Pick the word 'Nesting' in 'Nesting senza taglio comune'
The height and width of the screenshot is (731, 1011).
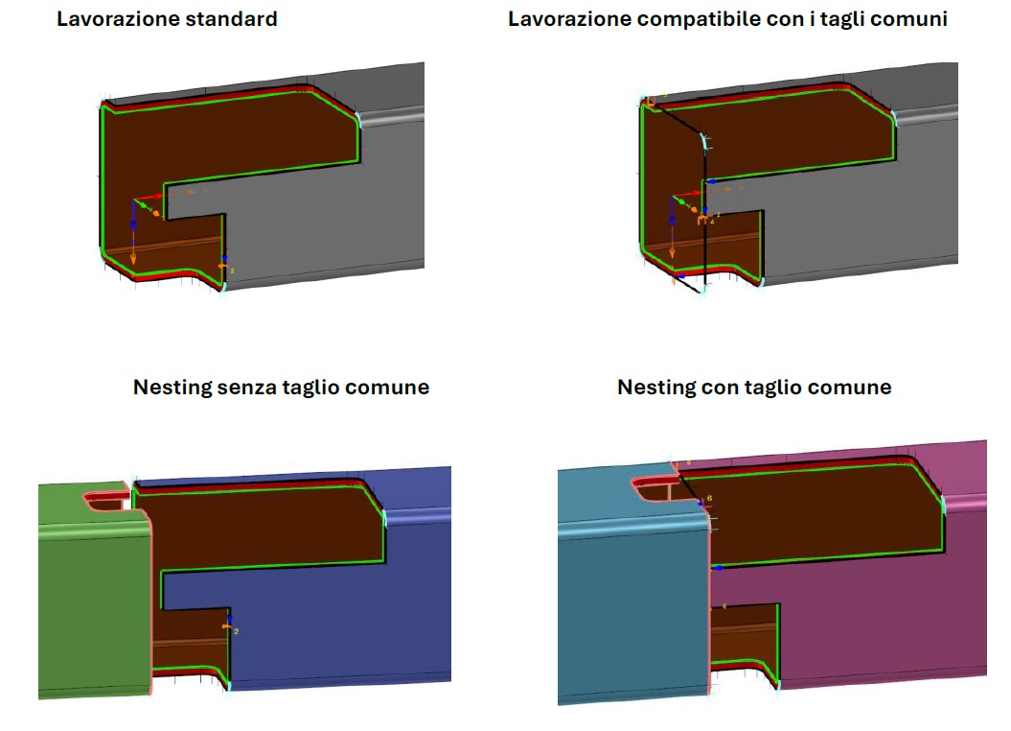point(172,388)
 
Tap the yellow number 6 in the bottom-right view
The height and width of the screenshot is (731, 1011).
point(709,498)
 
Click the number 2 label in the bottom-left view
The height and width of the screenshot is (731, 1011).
point(236,631)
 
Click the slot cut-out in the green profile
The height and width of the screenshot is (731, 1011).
point(106,501)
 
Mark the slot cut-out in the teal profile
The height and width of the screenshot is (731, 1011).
point(654,487)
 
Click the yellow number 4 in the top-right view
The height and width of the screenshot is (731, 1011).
point(712,222)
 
